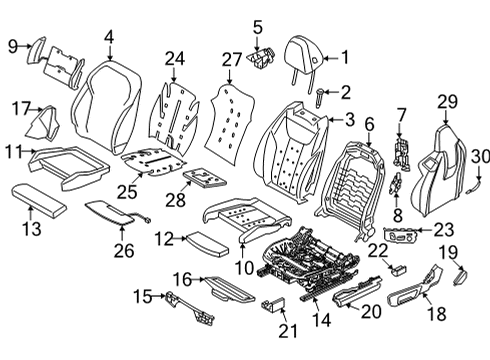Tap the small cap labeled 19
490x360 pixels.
point(463,270)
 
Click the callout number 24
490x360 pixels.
point(175,58)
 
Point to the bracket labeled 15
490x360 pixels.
point(181,302)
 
